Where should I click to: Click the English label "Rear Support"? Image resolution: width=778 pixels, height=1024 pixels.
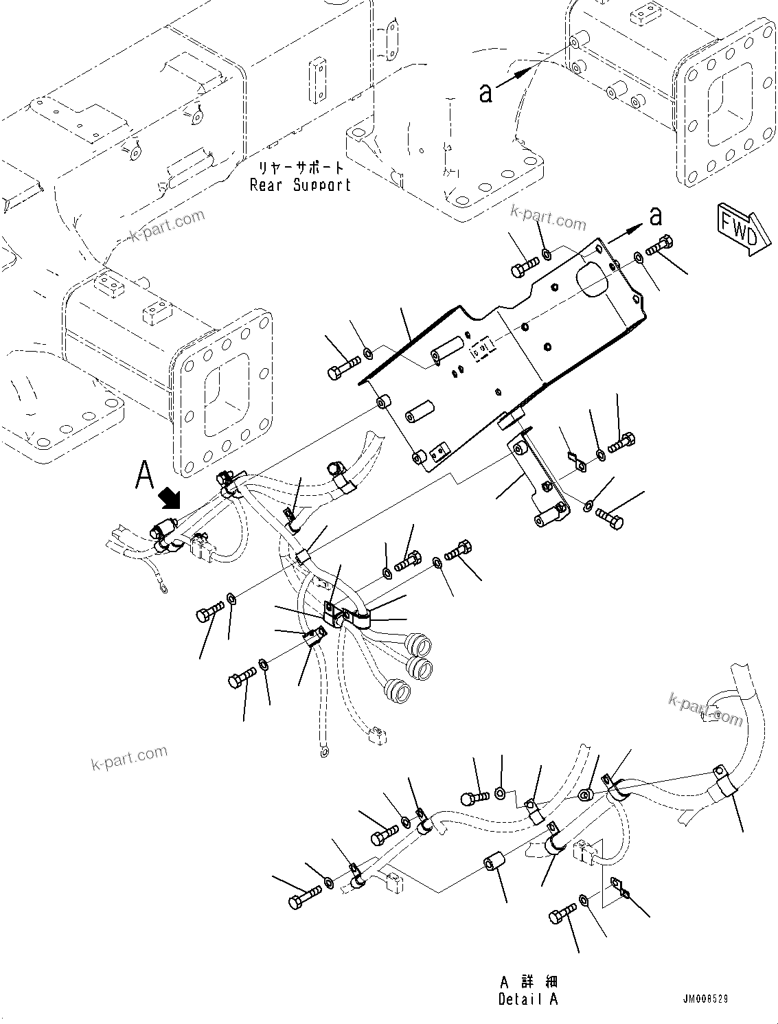click(x=300, y=185)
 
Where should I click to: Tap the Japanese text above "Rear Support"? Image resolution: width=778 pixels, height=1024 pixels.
click(x=301, y=168)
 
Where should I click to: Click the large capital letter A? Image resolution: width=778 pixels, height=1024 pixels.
click(x=144, y=475)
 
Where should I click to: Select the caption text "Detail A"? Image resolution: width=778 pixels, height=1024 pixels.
click(x=528, y=999)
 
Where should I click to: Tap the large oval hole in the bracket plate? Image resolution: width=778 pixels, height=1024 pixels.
click(x=591, y=275)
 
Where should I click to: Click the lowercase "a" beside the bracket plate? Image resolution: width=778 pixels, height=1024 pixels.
click(x=656, y=216)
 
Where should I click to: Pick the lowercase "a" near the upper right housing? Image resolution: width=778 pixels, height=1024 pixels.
click(x=485, y=93)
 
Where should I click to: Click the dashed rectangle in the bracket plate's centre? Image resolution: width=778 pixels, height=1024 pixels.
click(x=482, y=352)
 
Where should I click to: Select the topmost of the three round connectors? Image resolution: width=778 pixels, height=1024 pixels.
click(x=419, y=645)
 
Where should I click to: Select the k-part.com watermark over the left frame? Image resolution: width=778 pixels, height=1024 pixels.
click(x=167, y=226)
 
